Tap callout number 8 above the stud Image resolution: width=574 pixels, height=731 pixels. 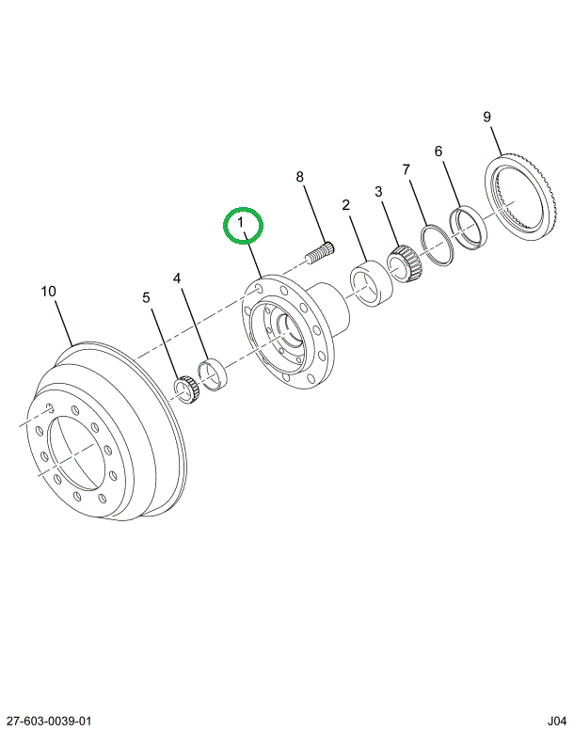point(299,177)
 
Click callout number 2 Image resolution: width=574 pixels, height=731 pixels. point(345,205)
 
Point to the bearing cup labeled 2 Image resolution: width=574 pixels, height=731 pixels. point(372,283)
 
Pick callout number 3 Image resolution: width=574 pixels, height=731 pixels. point(378,191)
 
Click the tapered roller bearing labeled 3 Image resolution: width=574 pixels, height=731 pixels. point(405,265)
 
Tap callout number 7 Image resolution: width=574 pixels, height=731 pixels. point(407,169)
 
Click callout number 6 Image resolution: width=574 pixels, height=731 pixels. point(438,151)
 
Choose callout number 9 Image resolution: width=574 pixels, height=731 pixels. point(486,117)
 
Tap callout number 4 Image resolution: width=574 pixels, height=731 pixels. point(177,278)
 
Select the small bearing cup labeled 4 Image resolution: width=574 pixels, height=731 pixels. point(212,374)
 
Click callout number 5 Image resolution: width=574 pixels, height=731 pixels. point(147,297)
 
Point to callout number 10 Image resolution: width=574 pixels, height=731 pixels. point(49,292)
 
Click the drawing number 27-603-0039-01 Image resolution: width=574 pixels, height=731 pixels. point(46,721)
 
